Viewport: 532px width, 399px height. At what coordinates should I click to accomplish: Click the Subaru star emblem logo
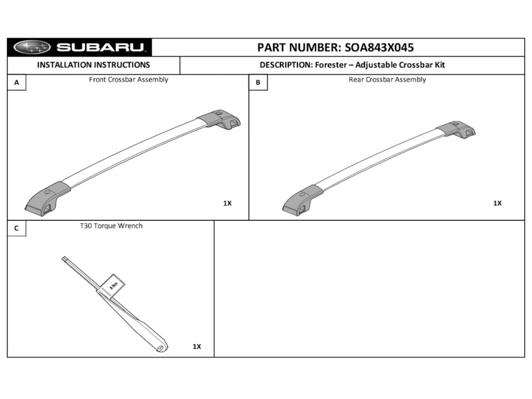tap(32, 47)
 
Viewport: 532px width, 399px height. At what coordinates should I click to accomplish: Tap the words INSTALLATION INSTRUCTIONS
tap(94, 65)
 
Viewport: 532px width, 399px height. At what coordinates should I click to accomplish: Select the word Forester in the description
tap(329, 65)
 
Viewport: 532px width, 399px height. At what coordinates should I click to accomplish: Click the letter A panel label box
tap(17, 82)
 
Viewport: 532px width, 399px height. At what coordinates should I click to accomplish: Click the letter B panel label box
tap(258, 82)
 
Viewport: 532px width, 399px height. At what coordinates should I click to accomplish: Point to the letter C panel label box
tap(17, 228)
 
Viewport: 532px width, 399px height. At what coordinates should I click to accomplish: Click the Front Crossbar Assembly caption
tap(129, 80)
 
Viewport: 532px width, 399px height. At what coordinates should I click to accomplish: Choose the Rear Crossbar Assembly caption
tap(387, 80)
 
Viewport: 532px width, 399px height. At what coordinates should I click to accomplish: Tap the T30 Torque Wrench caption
tap(111, 226)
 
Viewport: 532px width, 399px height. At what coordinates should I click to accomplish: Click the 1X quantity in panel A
tap(227, 203)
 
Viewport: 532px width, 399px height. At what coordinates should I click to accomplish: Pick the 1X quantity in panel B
tap(497, 203)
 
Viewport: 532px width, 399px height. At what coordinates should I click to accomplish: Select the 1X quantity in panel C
tap(197, 347)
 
